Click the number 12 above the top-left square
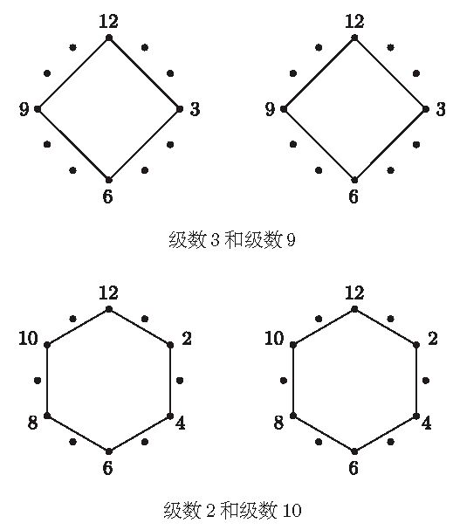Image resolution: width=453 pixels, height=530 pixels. point(109,21)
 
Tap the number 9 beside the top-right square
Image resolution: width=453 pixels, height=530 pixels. point(270,109)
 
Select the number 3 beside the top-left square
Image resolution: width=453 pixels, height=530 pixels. point(195,109)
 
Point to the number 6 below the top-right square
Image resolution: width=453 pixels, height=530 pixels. point(353,196)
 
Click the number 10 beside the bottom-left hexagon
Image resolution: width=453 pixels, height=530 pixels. point(28,338)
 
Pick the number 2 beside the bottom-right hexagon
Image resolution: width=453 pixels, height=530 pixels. point(433,339)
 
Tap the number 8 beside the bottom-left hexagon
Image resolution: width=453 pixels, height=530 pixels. point(32,423)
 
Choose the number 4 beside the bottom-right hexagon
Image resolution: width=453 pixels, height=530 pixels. point(427,423)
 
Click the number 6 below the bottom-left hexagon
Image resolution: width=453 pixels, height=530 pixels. point(107,468)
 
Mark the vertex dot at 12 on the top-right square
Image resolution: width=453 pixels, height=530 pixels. point(354,38)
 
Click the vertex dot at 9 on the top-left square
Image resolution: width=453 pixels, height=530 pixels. point(38,109)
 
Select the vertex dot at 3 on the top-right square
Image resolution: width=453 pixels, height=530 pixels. point(426,109)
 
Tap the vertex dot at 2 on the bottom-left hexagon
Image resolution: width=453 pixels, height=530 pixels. point(170,345)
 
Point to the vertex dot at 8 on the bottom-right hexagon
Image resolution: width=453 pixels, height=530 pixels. point(293,416)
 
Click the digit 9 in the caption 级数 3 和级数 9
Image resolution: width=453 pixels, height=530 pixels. point(291,240)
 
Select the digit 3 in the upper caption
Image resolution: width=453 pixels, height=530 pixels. point(215,240)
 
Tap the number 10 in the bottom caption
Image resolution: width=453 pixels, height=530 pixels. point(292,511)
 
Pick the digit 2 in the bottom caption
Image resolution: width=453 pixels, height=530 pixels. point(210,511)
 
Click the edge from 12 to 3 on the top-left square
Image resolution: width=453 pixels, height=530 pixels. point(144,73)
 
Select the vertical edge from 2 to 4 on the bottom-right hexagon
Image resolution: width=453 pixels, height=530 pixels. point(416,381)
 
